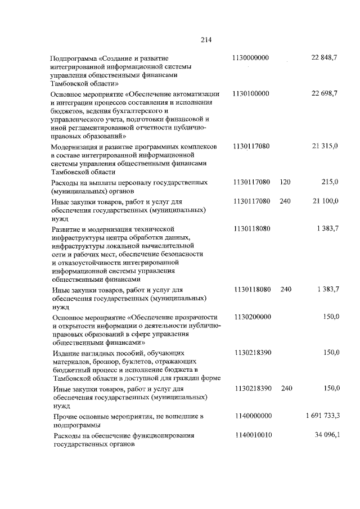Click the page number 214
coord(205,39)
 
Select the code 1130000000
coord(251,58)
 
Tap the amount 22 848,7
coord(325,58)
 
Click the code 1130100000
coord(251,93)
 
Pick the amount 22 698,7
coord(325,93)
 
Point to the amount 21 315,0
coord(325,147)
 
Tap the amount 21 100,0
coord(325,200)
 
